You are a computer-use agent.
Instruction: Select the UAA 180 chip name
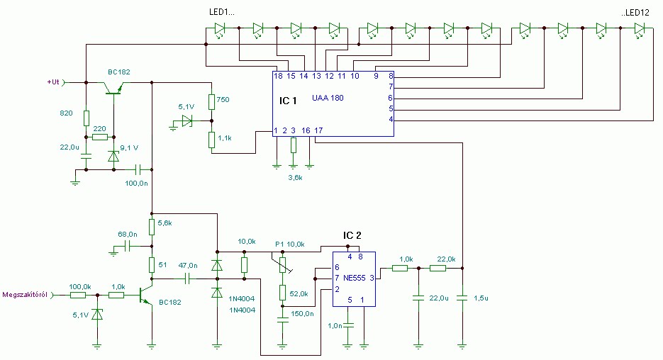pos(328,98)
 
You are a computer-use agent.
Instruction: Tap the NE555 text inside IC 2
pos(352,279)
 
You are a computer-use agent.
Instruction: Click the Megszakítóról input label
pos(25,295)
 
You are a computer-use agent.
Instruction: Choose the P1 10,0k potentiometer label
pos(289,244)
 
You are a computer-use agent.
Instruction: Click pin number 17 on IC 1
pos(318,130)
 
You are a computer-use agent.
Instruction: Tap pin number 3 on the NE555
pos(371,279)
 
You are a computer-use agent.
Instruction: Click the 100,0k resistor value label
pos(80,286)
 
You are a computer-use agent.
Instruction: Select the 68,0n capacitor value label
pos(127,234)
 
